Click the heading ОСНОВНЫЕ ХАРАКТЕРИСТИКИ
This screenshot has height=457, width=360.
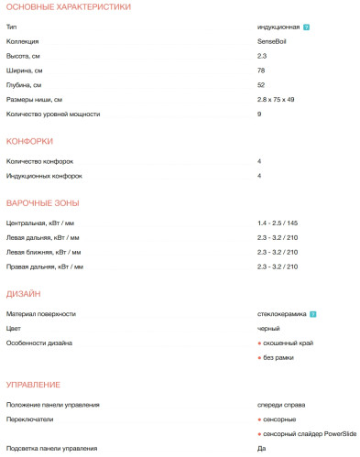click(x=68, y=7)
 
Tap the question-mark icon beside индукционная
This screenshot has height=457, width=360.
click(x=307, y=27)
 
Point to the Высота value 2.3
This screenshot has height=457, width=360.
click(x=262, y=57)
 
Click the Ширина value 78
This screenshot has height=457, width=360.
click(x=262, y=71)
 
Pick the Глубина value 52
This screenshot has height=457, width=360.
click(x=262, y=85)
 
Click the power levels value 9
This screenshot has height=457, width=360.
click(x=260, y=114)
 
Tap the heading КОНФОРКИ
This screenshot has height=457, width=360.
click(x=29, y=141)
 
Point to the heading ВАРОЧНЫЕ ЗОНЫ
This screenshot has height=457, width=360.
click(x=42, y=202)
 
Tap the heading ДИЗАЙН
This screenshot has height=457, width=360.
click(x=23, y=294)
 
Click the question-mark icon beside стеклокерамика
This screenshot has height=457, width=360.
click(x=313, y=314)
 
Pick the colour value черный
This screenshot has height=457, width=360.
click(x=268, y=328)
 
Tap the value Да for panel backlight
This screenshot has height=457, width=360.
click(x=262, y=448)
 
